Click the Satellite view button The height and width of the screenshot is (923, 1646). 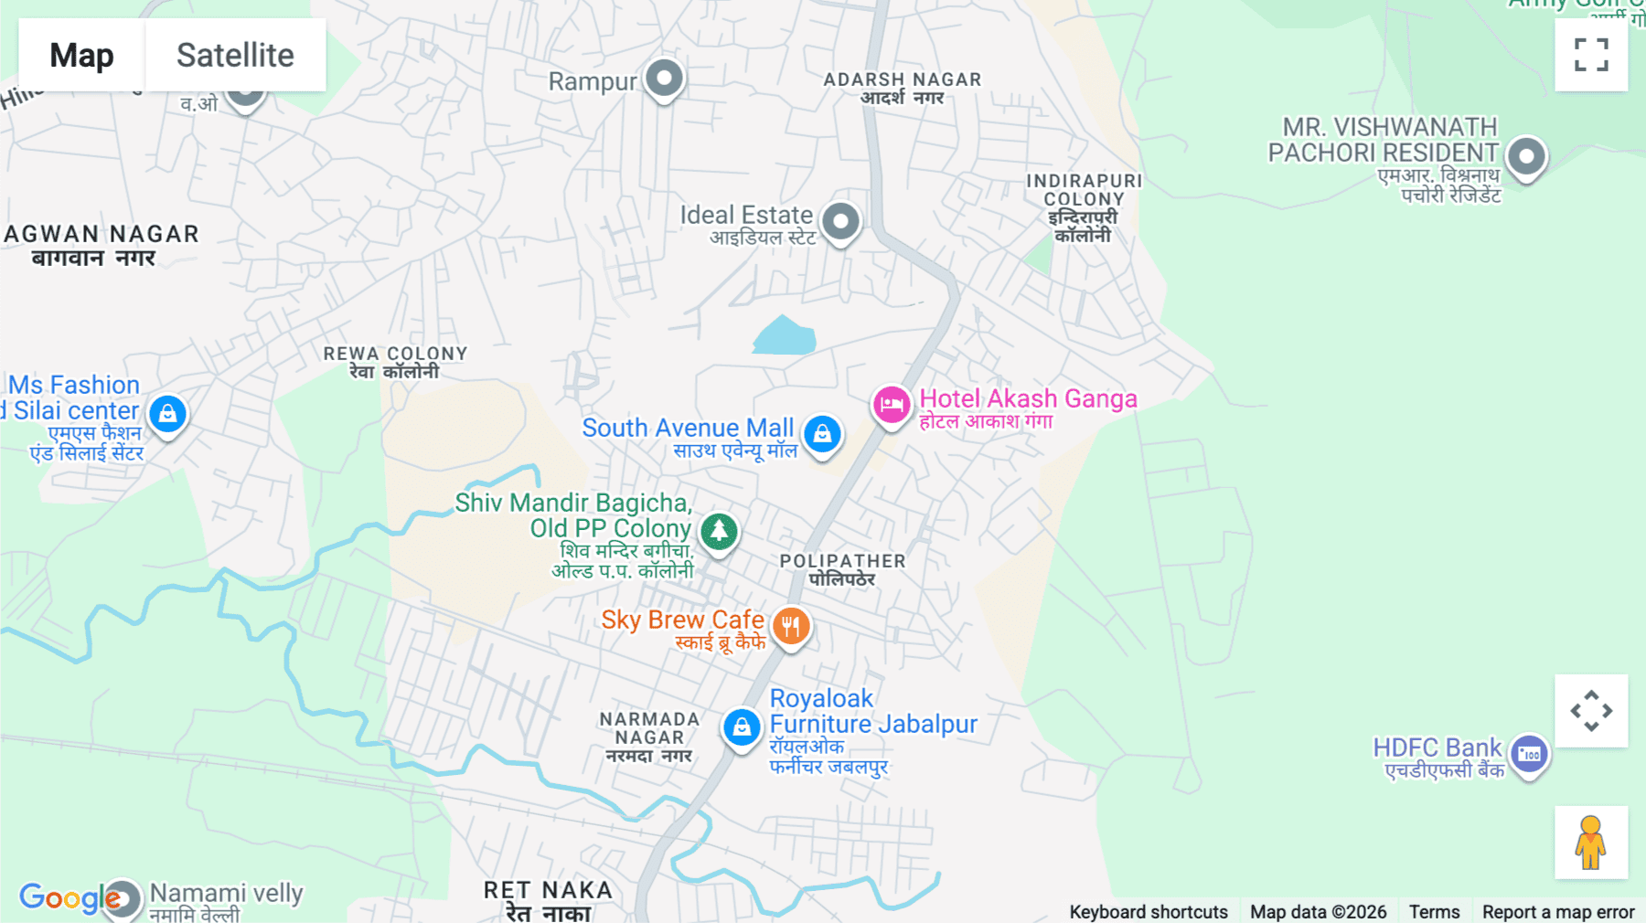[x=235, y=55]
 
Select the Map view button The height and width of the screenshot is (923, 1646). [x=81, y=55]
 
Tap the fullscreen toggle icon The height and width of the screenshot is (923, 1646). [x=1591, y=55]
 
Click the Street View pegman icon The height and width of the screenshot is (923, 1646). [x=1591, y=842]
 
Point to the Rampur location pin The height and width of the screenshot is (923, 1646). [x=664, y=78]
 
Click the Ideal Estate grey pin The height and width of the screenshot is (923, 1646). [x=840, y=221]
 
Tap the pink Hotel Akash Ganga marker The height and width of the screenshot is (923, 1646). [x=891, y=404]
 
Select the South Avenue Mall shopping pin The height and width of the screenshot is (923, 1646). [x=822, y=433]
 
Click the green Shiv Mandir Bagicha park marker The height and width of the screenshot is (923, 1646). [x=719, y=531]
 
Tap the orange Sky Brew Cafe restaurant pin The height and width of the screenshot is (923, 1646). [x=791, y=627]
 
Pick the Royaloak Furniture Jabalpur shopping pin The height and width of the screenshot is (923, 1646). [x=742, y=727]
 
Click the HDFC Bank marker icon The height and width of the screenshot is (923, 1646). [x=1529, y=755]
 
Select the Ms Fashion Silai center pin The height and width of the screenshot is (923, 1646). [x=167, y=414]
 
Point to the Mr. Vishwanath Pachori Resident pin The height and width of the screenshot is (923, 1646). [x=1525, y=156]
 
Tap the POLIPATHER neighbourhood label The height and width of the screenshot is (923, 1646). [x=842, y=569]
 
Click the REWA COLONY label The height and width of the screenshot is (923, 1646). [x=395, y=362]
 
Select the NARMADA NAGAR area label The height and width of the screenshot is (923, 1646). [x=649, y=737]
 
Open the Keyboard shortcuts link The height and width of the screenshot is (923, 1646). [x=1148, y=912]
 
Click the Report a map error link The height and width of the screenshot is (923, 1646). [x=1557, y=912]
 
